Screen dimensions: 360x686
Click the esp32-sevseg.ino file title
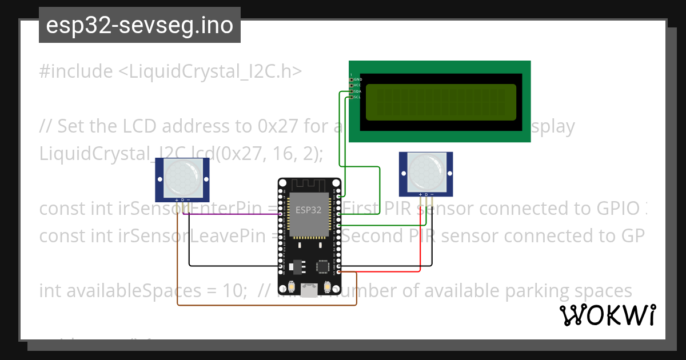point(139,26)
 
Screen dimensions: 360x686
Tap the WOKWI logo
point(607,315)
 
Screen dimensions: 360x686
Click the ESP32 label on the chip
point(308,210)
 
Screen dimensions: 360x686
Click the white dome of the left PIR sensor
point(182,177)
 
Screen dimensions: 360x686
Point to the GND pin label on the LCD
point(358,79)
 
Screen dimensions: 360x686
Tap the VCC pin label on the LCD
point(358,85)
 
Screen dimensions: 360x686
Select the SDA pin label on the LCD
point(358,91)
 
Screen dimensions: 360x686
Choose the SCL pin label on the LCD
point(358,97)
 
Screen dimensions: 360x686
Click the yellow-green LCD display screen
point(441,102)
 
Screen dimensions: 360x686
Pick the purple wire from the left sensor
point(229,214)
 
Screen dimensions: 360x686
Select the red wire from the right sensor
point(421,240)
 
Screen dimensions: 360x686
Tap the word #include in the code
point(76,71)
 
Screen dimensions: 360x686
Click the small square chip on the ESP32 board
point(323,266)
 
